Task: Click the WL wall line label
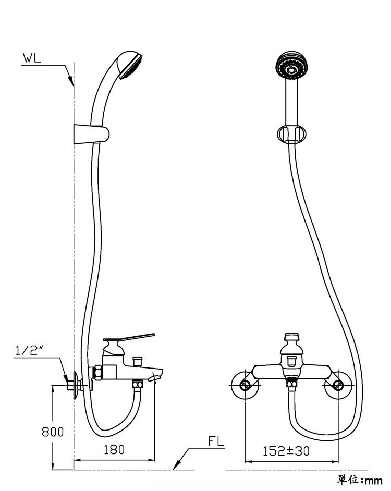32,58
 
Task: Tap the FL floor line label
216,441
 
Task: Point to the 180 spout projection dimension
114,450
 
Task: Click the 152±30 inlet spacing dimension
286,451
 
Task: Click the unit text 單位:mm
360,480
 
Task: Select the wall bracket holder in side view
91,134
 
